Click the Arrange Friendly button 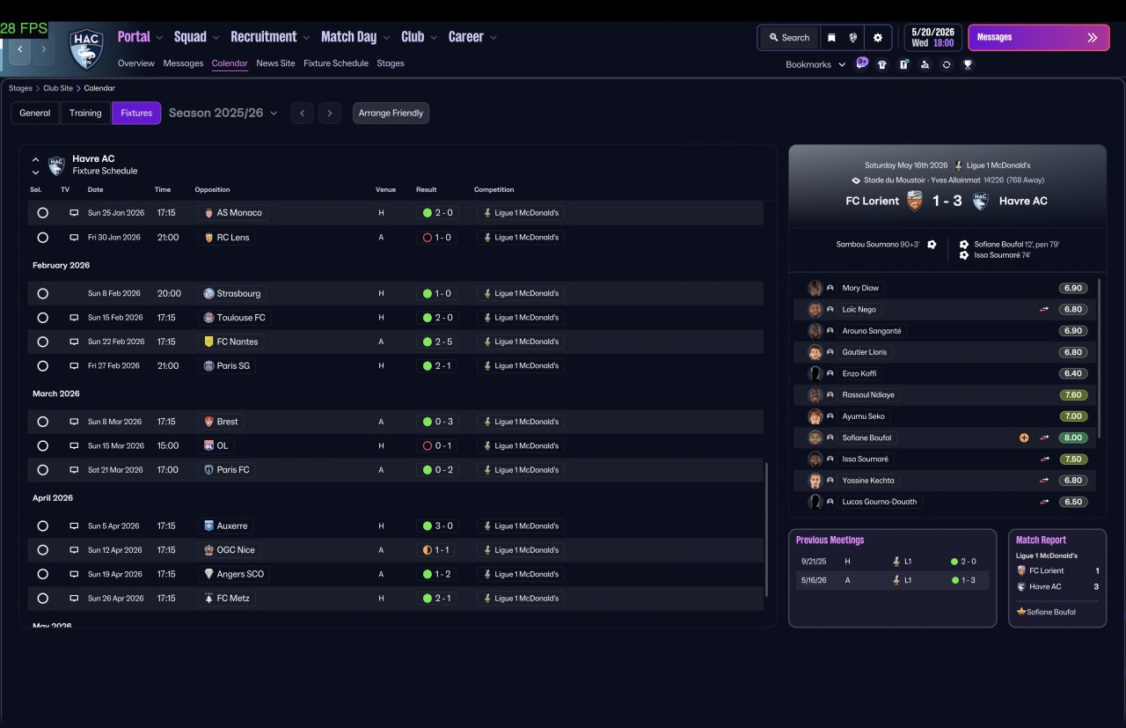pyautogui.click(x=391, y=113)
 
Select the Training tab pyautogui.click(x=85, y=113)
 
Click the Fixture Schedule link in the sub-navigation pyautogui.click(x=336, y=63)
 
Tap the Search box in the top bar pyautogui.click(x=790, y=38)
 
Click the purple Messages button pyautogui.click(x=1039, y=38)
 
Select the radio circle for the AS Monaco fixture pyautogui.click(x=43, y=213)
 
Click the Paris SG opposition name pyautogui.click(x=233, y=366)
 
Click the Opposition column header pyautogui.click(x=212, y=189)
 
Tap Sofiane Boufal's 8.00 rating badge pyautogui.click(x=1072, y=438)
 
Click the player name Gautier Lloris pyautogui.click(x=864, y=352)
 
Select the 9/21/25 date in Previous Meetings pyautogui.click(x=814, y=562)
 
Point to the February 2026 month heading pyautogui.click(x=61, y=265)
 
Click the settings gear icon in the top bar pyautogui.click(x=878, y=38)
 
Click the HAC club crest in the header pyautogui.click(x=86, y=48)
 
